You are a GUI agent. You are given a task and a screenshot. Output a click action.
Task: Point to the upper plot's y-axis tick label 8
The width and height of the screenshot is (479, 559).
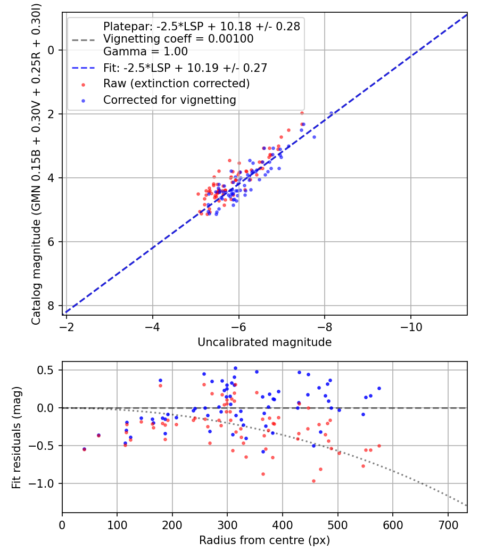pyautogui.click(x=51, y=306)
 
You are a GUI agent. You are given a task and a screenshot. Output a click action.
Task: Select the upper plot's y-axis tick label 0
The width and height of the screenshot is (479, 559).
pyautogui.click(x=51, y=50)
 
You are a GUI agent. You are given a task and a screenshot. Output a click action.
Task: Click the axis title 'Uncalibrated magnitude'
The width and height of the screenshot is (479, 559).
pyautogui.click(x=265, y=342)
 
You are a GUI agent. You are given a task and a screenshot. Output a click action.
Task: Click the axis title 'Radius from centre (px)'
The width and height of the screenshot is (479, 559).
pyautogui.click(x=265, y=540)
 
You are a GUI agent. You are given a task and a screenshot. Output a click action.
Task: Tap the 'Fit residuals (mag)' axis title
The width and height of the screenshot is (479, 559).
pyautogui.click(x=16, y=438)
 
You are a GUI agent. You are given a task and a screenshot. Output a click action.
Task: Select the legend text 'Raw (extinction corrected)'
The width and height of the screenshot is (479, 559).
pyautogui.click(x=176, y=84)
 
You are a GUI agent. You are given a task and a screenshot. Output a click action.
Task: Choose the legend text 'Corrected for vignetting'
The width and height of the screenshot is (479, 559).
pyautogui.click(x=170, y=100)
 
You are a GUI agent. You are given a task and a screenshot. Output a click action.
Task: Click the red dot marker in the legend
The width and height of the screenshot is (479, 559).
pyautogui.click(x=84, y=85)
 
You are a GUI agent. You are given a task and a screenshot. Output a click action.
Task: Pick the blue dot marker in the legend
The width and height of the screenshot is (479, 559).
pyautogui.click(x=84, y=101)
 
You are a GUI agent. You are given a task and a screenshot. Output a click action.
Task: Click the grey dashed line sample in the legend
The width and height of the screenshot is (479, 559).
pyautogui.click(x=84, y=40)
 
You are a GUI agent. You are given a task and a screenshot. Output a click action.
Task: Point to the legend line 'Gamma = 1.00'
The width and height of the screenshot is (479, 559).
pyautogui.click(x=145, y=52)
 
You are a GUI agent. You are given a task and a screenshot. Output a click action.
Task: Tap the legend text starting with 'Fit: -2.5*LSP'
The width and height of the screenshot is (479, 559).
pyautogui.click(x=185, y=68)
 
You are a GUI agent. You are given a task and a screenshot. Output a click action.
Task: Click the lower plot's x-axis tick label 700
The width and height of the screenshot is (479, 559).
pyautogui.click(x=448, y=525)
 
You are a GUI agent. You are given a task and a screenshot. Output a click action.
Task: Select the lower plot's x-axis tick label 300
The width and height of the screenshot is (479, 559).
pyautogui.click(x=227, y=525)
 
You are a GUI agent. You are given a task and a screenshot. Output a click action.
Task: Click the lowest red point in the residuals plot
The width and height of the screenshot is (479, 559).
pyautogui.click(x=313, y=481)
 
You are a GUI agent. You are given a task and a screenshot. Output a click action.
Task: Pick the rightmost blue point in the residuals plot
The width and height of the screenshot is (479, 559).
pyautogui.click(x=379, y=388)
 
